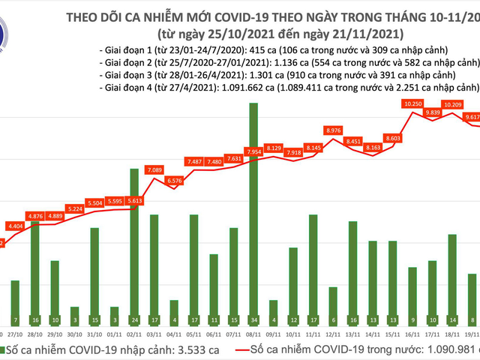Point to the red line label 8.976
pyautogui.click(x=334, y=130)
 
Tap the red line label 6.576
pyautogui.click(x=174, y=181)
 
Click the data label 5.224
pyautogui.click(x=75, y=208)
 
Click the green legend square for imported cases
pyautogui.click(x=5, y=350)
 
